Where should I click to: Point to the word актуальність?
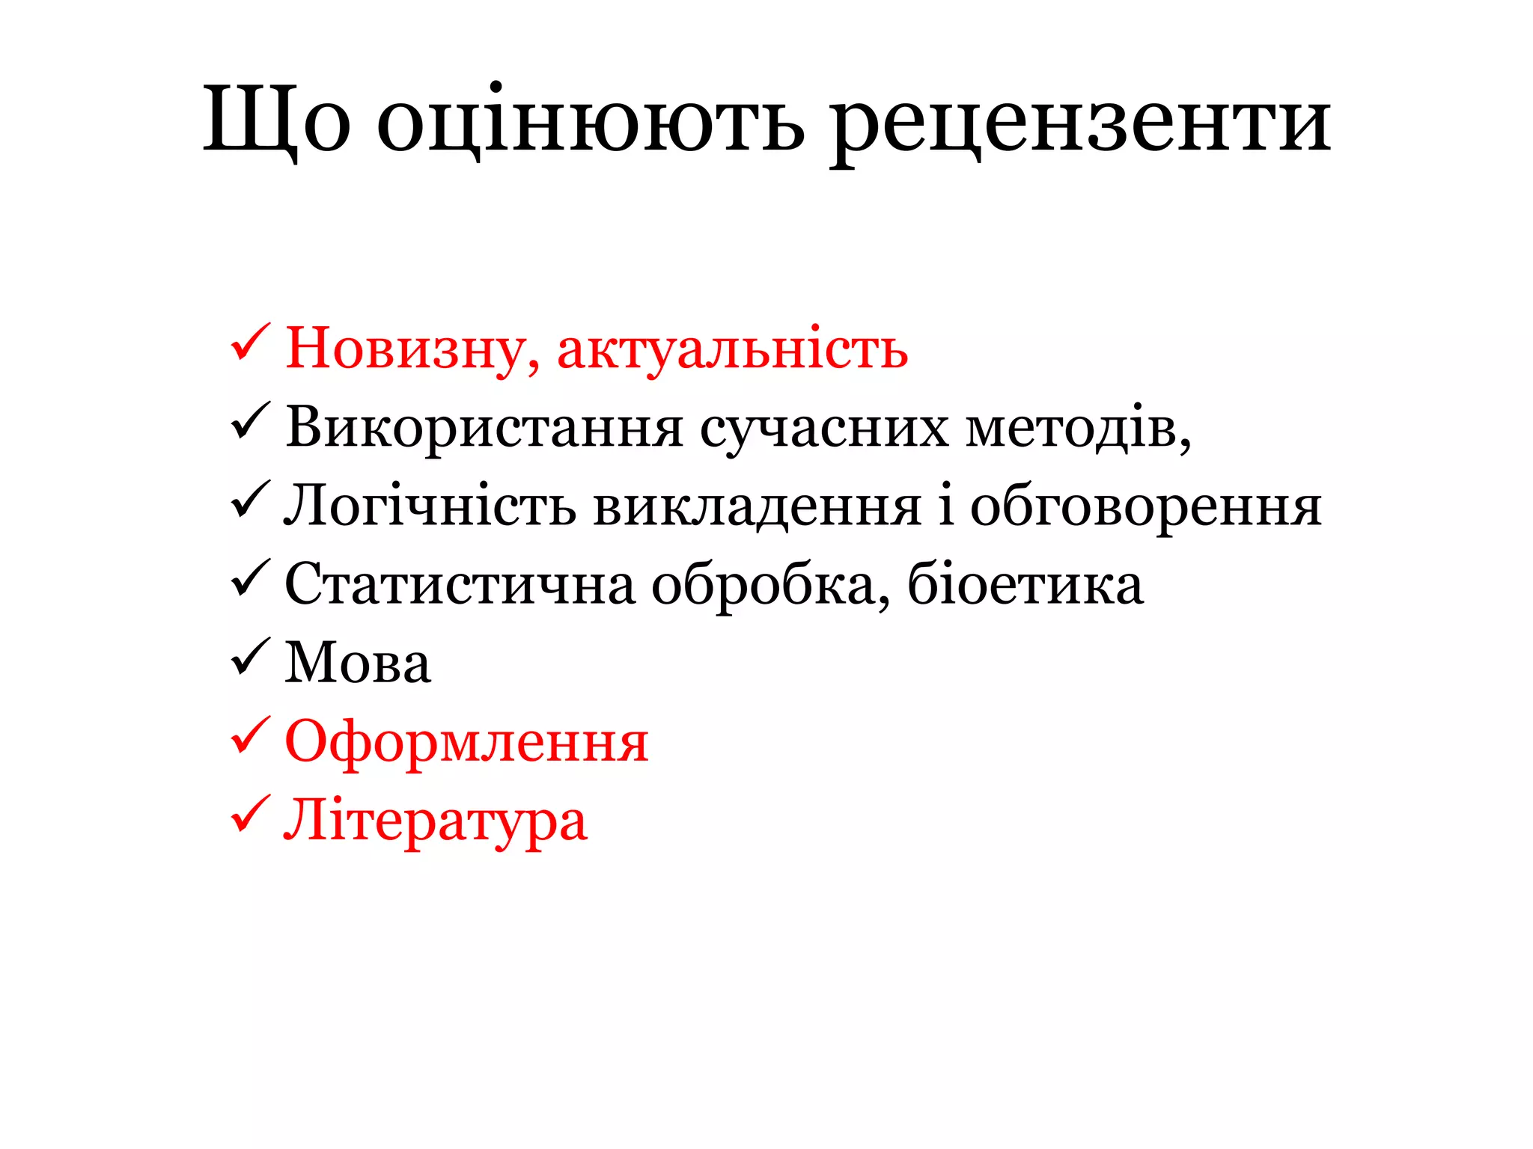[732, 349]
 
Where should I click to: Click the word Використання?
[484, 428]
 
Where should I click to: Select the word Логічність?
[430, 506]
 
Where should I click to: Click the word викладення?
[757, 506]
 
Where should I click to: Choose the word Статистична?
[460, 585]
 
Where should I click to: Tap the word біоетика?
[1025, 585]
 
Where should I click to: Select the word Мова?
[358, 664]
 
